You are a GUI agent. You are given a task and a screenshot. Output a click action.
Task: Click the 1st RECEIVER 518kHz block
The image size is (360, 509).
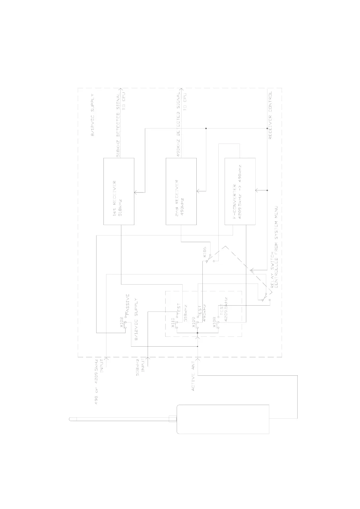click(x=119, y=191)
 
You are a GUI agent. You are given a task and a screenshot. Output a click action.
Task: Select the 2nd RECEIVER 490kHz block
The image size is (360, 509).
click(x=181, y=191)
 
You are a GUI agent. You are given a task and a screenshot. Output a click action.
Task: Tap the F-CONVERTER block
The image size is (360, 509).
click(x=240, y=191)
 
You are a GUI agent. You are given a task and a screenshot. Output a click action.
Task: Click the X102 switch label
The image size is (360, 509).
click(x=122, y=322)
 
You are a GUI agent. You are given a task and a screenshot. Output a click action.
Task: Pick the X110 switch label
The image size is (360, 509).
click(x=173, y=322)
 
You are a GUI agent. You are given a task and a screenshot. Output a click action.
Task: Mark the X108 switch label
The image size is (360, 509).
click(x=214, y=322)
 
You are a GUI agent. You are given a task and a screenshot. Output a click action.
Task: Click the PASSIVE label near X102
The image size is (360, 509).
click(x=127, y=305)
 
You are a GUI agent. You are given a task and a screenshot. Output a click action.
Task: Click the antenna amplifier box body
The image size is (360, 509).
click(x=223, y=419)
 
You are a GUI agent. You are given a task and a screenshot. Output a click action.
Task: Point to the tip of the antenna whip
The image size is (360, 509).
click(x=70, y=419)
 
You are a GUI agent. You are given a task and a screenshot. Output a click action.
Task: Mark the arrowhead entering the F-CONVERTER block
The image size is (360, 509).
click(x=257, y=190)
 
